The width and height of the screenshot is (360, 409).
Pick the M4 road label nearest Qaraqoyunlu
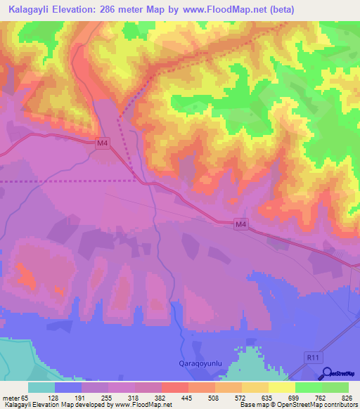tap(242, 224)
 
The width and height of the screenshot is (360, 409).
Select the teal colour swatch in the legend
tap(41, 387)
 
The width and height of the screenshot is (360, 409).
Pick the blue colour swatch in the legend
tap(68, 387)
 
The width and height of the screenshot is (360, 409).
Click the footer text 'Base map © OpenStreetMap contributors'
tap(298, 405)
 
